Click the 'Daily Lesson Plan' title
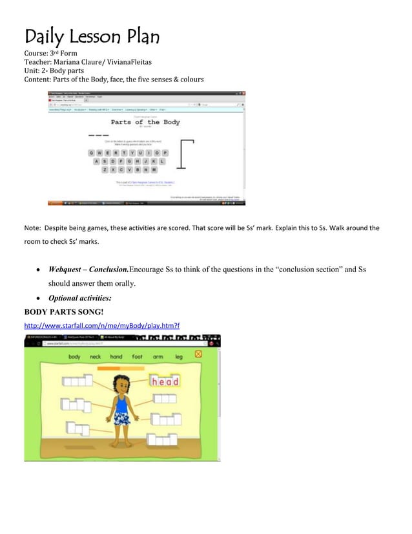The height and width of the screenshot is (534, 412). tap(91, 36)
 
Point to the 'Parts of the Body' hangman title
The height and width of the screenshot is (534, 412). tap(145, 122)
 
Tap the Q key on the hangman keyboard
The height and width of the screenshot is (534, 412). tap(91, 153)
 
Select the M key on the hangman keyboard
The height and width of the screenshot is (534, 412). tap(154, 169)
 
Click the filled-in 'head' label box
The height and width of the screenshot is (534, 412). tap(165, 381)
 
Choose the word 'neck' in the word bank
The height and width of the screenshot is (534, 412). tap(95, 356)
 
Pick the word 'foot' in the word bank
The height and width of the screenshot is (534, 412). tap(137, 356)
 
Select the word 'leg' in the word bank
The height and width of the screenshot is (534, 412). tap(178, 356)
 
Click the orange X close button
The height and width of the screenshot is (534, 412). tap(198, 354)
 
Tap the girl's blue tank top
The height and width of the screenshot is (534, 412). tap(121, 404)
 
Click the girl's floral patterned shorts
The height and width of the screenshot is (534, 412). tap(121, 419)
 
